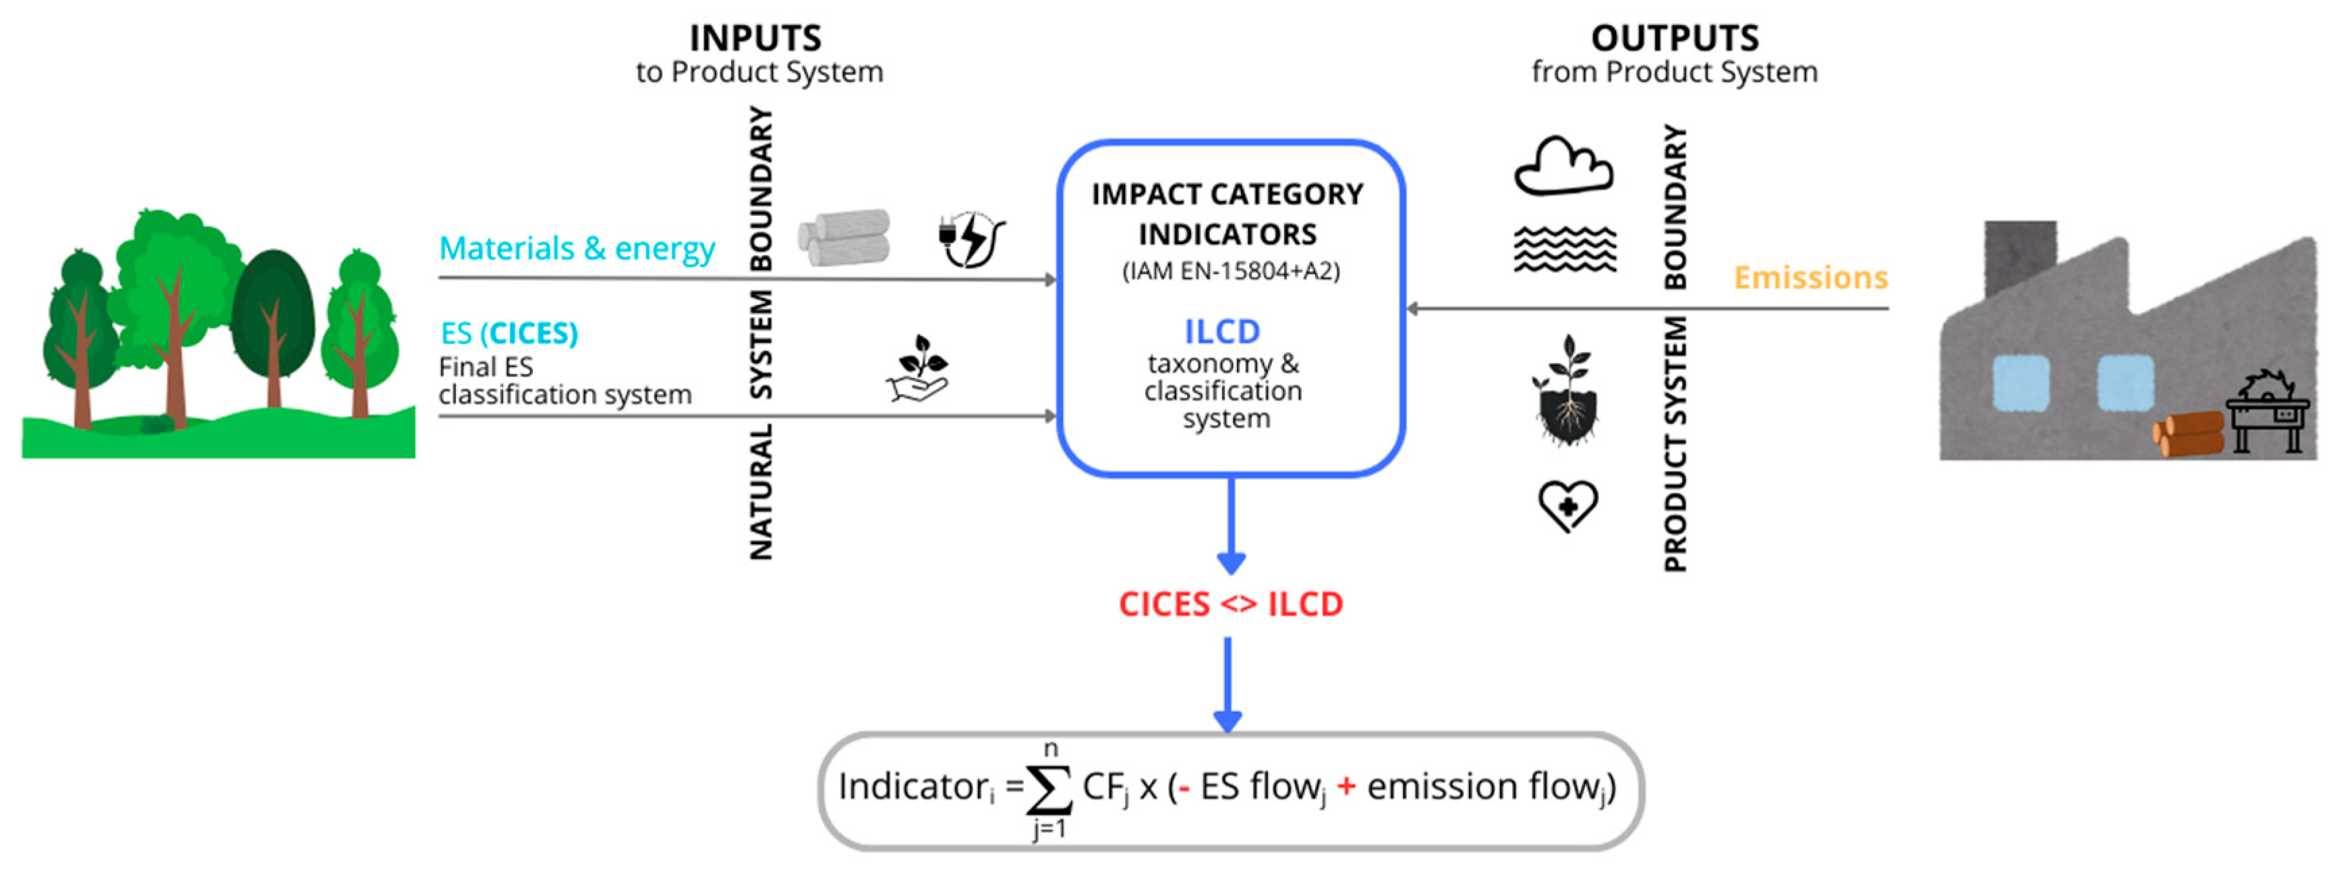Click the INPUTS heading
[x=755, y=38]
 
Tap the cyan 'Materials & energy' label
[x=577, y=248]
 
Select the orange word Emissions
[x=1810, y=277]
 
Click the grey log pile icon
[x=844, y=238]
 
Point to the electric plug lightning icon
[x=971, y=240]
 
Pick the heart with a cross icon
[x=1567, y=505]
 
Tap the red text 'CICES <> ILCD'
[x=1230, y=604]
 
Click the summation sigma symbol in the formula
[x=1049, y=790]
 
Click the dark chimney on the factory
[x=2019, y=258]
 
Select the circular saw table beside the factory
[x=2267, y=412]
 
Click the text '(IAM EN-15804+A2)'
[x=1230, y=271]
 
